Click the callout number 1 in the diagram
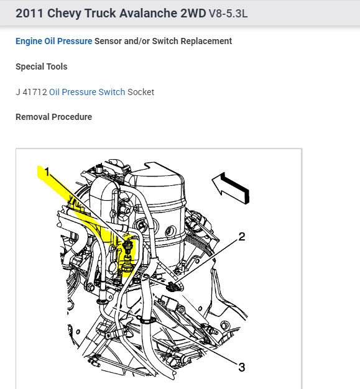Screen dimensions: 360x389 click(x=47, y=172)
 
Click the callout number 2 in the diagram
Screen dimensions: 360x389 click(x=242, y=237)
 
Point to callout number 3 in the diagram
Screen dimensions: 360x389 click(x=242, y=367)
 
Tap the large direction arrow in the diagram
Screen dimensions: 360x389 click(x=231, y=188)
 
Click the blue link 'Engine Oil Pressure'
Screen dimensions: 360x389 click(x=54, y=41)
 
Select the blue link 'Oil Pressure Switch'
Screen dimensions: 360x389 click(x=87, y=92)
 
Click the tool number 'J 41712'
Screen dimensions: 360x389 click(x=31, y=92)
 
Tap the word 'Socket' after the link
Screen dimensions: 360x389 click(x=141, y=92)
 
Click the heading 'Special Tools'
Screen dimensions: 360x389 click(x=42, y=66)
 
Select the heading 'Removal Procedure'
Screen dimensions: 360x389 click(x=54, y=117)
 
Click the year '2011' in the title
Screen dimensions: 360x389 click(x=30, y=14)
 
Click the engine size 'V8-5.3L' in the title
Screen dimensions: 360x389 click(x=228, y=14)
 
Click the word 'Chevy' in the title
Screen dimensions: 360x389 click(x=64, y=14)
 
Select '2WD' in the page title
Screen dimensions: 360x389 click(x=193, y=14)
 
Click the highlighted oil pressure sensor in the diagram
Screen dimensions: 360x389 click(x=127, y=255)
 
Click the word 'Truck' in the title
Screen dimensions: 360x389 click(x=100, y=14)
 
